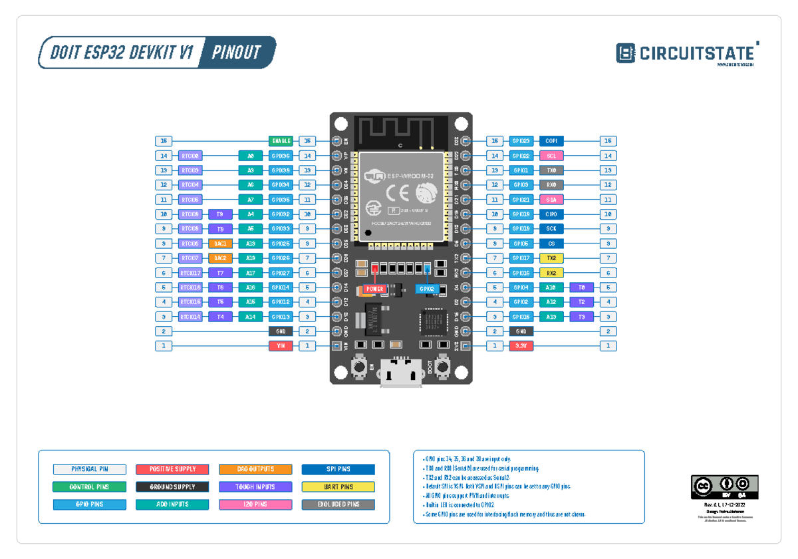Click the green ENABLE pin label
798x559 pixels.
pyautogui.click(x=281, y=141)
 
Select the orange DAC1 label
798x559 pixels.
pyautogui.click(x=220, y=244)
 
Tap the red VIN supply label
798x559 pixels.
pyautogui.click(x=281, y=346)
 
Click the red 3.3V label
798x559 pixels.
pyautogui.click(x=521, y=346)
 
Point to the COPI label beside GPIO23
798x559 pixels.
pyautogui.click(x=551, y=141)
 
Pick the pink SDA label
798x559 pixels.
pyautogui.click(x=551, y=200)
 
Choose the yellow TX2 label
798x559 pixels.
pyautogui.click(x=551, y=258)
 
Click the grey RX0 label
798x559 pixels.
pyautogui.click(x=551, y=185)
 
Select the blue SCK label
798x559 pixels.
pyautogui.click(x=551, y=229)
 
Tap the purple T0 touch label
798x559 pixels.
pyautogui.click(x=581, y=287)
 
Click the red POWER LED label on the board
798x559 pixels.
pyautogui.click(x=374, y=289)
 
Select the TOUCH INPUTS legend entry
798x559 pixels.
pyautogui.click(x=255, y=487)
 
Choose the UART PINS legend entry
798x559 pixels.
pyautogui.click(x=338, y=487)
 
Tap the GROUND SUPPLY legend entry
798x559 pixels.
pyautogui.click(x=172, y=487)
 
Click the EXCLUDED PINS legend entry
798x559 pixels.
pyautogui.click(x=338, y=504)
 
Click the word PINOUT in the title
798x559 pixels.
pyautogui.click(x=236, y=53)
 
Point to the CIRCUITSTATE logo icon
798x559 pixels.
pyautogui.click(x=625, y=53)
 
